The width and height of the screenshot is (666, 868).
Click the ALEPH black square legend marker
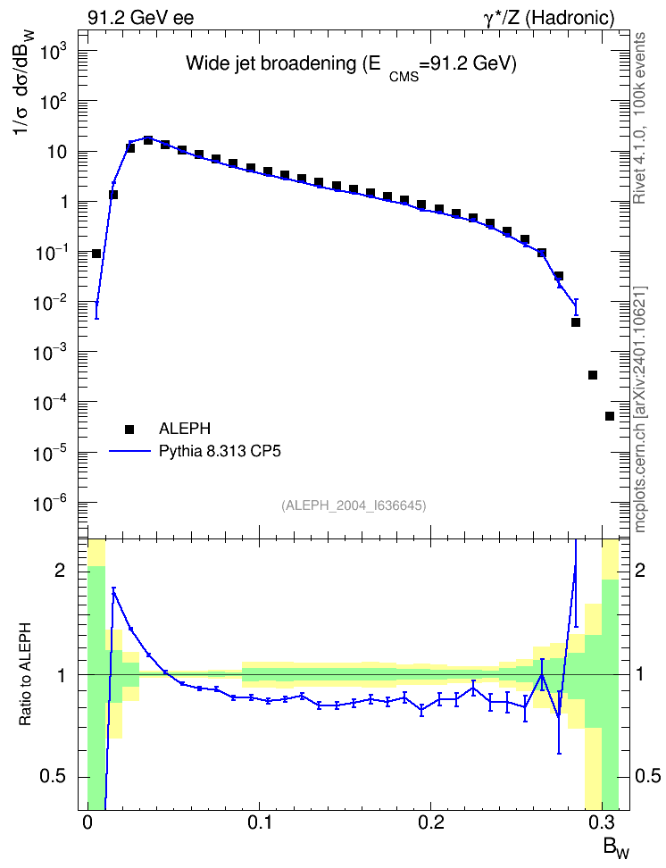(x=129, y=429)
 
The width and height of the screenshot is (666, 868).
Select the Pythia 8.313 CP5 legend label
(x=220, y=451)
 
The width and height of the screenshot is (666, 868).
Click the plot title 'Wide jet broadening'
(x=271, y=63)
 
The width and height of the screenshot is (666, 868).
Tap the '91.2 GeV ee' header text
(x=141, y=18)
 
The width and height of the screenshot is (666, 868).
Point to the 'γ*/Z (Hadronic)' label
(x=549, y=18)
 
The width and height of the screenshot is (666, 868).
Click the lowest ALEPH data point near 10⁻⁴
(x=610, y=416)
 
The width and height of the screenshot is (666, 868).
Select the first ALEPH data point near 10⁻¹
(x=96, y=254)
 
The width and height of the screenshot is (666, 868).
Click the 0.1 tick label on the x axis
(x=259, y=822)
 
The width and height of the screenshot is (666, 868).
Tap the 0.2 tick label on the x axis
(x=430, y=822)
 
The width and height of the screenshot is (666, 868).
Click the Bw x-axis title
(x=616, y=848)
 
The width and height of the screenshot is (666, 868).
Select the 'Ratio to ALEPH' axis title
(x=26, y=674)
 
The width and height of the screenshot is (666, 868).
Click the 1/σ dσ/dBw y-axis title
(x=24, y=81)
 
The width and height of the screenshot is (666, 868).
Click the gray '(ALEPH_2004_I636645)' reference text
(x=354, y=505)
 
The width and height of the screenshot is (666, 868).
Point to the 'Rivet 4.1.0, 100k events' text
(x=639, y=118)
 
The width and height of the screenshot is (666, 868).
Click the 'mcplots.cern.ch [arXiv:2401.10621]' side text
(x=640, y=410)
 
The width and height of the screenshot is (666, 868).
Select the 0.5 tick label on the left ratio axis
(x=54, y=776)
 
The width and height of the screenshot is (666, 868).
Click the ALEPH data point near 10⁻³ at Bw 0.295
(x=593, y=375)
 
